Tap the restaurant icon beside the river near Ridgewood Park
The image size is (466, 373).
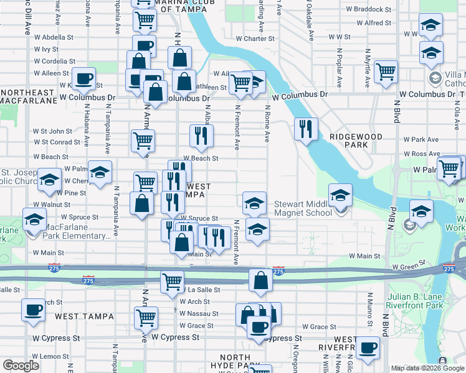(x=305, y=129)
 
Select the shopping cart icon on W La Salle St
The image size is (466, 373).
(x=172, y=281)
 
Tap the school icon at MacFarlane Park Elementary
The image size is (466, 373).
(x=34, y=219)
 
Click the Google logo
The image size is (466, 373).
(x=21, y=366)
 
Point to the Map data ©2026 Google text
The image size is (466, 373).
(x=427, y=368)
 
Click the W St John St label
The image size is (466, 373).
(x=53, y=131)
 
